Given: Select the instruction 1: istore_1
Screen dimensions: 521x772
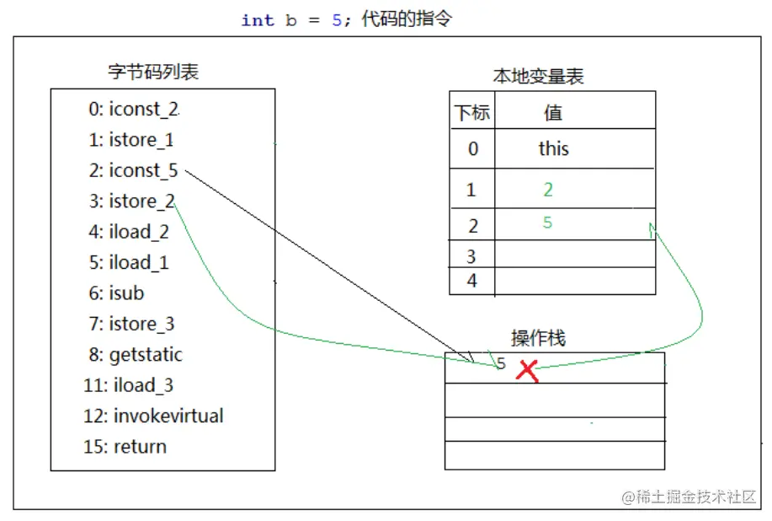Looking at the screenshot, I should point(130,140).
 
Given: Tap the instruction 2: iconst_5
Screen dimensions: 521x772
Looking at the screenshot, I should point(133,170).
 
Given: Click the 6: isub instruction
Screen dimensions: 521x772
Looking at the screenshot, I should point(115,293).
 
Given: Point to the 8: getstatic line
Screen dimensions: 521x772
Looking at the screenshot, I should point(135,355).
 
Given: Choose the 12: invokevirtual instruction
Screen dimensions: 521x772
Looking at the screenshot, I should point(153,416).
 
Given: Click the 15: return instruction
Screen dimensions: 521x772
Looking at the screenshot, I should point(125,447).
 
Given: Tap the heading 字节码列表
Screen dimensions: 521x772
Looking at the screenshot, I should point(153,72).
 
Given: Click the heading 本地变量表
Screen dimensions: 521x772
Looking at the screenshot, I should point(538,77).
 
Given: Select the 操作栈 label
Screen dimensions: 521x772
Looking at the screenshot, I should point(538,338).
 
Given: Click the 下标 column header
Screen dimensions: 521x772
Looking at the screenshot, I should point(472,113).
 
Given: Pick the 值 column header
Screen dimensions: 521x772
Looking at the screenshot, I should point(553,113).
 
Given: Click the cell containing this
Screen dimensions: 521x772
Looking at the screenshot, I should point(554,149).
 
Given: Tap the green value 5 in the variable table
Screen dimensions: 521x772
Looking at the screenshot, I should point(548,223).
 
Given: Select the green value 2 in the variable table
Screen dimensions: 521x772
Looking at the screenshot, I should point(548,190).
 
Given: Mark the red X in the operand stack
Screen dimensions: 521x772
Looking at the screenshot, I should point(528,370).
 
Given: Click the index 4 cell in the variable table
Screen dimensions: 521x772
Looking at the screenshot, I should point(472,281).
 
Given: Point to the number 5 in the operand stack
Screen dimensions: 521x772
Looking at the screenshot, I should point(502,364).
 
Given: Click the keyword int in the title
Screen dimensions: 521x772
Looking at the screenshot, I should point(258,20).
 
